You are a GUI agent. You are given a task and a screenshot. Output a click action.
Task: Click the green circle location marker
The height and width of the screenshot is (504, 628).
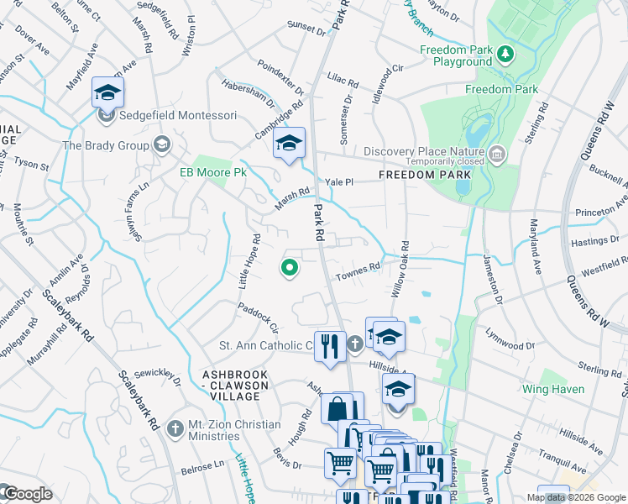point(289,268)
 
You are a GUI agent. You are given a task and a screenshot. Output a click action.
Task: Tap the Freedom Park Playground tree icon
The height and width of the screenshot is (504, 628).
point(505,55)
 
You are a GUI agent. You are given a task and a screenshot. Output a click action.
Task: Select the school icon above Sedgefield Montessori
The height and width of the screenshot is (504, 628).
point(107,92)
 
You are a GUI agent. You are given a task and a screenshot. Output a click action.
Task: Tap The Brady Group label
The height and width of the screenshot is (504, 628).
point(105,145)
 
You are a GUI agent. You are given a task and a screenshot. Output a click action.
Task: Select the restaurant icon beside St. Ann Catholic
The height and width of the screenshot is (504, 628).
point(329,345)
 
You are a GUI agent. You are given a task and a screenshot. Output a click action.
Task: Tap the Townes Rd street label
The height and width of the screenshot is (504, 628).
point(358,271)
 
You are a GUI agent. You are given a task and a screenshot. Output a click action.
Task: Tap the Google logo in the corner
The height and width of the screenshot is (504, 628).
point(27,494)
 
